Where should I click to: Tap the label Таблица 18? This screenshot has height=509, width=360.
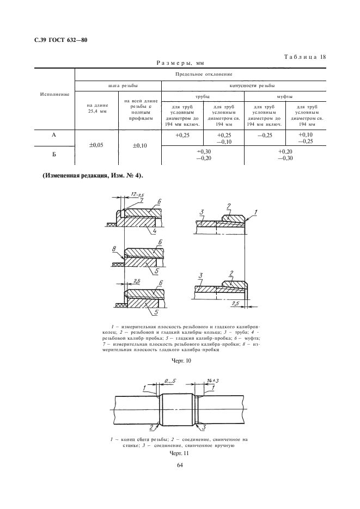(304, 57)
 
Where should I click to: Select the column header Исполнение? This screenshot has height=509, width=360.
(54, 94)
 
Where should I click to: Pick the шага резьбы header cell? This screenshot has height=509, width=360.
(118, 86)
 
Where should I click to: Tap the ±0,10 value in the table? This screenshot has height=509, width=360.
(139, 145)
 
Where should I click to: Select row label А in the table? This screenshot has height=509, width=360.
(54, 135)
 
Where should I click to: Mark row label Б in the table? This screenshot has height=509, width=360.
(54, 155)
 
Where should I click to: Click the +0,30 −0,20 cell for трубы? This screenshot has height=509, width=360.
(203, 154)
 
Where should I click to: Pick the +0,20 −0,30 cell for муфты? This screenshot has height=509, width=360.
(285, 154)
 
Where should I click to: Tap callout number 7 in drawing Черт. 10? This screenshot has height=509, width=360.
(141, 201)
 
